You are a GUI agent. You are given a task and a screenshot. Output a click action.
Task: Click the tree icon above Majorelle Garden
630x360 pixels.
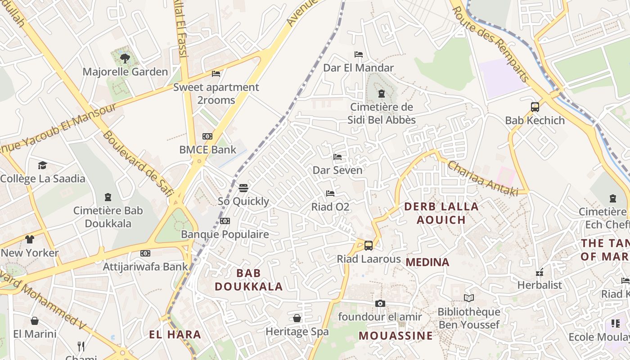[x=125, y=58]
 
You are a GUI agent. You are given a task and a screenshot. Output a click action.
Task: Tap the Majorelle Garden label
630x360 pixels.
[x=125, y=72]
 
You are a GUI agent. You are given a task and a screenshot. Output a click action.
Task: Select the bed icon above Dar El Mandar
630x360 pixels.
[x=359, y=54]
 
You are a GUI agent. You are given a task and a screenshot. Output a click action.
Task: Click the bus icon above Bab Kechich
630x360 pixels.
[x=535, y=107]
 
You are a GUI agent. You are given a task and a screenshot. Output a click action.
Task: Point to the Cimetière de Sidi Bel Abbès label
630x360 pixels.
[x=382, y=113]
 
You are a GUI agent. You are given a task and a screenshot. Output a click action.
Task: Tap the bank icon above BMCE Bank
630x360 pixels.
[x=207, y=136]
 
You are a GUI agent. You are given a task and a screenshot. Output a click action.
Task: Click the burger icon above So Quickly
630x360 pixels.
[x=243, y=188]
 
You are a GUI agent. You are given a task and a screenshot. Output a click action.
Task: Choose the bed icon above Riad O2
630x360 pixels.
[x=330, y=193]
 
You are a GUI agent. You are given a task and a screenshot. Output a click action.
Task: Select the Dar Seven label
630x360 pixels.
[x=337, y=170]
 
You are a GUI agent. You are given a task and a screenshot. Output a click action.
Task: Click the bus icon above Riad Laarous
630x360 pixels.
[x=369, y=246]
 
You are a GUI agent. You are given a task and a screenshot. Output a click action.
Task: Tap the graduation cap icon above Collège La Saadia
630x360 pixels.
[x=42, y=165]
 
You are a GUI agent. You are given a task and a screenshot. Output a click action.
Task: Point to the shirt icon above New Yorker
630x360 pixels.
[x=30, y=239]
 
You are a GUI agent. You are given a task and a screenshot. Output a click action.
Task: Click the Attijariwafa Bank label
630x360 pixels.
[x=145, y=266]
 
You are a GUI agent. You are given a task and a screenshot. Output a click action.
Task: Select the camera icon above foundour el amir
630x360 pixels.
[x=380, y=304]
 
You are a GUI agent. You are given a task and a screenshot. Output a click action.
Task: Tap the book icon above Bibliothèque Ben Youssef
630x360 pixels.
[x=469, y=298]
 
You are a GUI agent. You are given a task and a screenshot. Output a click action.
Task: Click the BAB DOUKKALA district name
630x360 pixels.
[x=248, y=279]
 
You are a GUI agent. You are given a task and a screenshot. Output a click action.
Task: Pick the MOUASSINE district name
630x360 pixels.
[x=396, y=336]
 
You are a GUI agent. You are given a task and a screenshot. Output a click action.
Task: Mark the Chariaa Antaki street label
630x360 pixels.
[x=482, y=179]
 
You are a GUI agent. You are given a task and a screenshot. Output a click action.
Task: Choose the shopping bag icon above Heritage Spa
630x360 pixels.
[x=297, y=318]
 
